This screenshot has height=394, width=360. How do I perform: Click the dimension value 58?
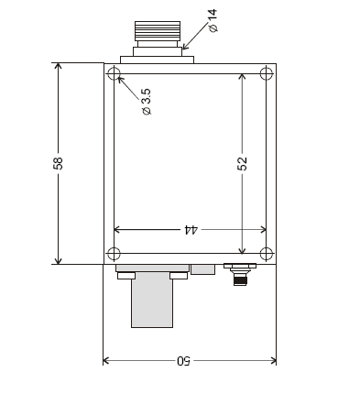(x=58, y=163)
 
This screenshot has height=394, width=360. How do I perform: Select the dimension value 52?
(x=242, y=164)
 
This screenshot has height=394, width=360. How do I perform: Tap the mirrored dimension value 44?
(x=191, y=230)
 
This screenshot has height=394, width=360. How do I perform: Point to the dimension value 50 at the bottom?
(x=183, y=361)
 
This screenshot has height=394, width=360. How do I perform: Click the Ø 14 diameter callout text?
(x=213, y=21)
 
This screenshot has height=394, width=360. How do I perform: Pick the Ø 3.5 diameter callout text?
(x=147, y=102)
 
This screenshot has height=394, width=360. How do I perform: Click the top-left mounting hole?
(x=114, y=74)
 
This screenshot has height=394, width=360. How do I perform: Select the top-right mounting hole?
(x=267, y=74)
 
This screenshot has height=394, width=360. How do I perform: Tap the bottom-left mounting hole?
(x=114, y=254)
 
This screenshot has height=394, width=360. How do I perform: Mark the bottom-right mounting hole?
(x=267, y=254)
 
